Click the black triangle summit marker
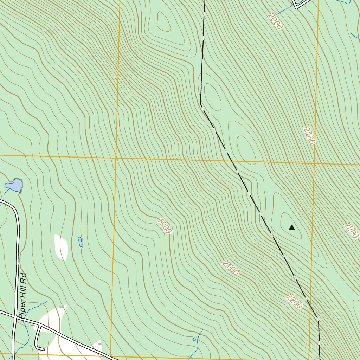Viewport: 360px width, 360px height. [x=291, y=227]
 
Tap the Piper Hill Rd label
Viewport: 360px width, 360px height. [x=23, y=296]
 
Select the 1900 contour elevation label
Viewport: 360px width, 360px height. [x=165, y=226]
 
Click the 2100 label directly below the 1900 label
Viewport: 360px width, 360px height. [x=231, y=268]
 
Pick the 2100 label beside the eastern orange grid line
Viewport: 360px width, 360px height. [x=309, y=136]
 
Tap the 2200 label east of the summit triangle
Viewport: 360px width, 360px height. [x=352, y=231]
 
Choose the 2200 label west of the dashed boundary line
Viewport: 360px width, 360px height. [x=294, y=302]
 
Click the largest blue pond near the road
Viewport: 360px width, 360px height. [x=14, y=185]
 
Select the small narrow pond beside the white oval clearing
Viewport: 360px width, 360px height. [x=80, y=242]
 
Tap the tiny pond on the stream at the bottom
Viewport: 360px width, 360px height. [x=194, y=339]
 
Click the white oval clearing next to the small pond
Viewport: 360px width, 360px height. [x=61, y=247]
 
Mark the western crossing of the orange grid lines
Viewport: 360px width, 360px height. [x=116, y=158]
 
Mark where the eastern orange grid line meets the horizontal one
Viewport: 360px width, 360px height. [x=314, y=163]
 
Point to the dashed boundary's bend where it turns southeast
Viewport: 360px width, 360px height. [x=201, y=104]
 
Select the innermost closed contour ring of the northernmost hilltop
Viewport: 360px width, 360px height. [x=163, y=22]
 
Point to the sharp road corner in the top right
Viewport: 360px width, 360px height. [x=297, y=7]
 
